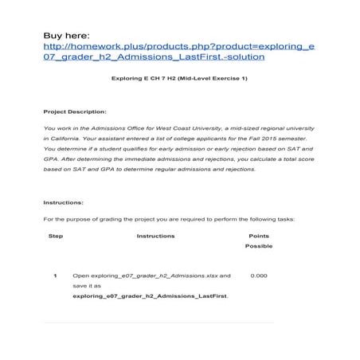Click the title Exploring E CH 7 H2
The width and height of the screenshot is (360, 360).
tap(152, 81)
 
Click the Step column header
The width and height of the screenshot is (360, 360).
tap(56, 236)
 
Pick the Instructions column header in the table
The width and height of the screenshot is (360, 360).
tap(155, 236)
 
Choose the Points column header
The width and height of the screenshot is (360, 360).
tap(259, 236)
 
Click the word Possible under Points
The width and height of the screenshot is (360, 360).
tap(259, 246)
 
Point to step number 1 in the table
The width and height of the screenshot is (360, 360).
tap(55, 276)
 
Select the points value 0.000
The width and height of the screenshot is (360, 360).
tap(259, 276)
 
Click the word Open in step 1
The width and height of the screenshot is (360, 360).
tap(79, 276)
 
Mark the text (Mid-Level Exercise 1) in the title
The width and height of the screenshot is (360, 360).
tap(213, 81)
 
